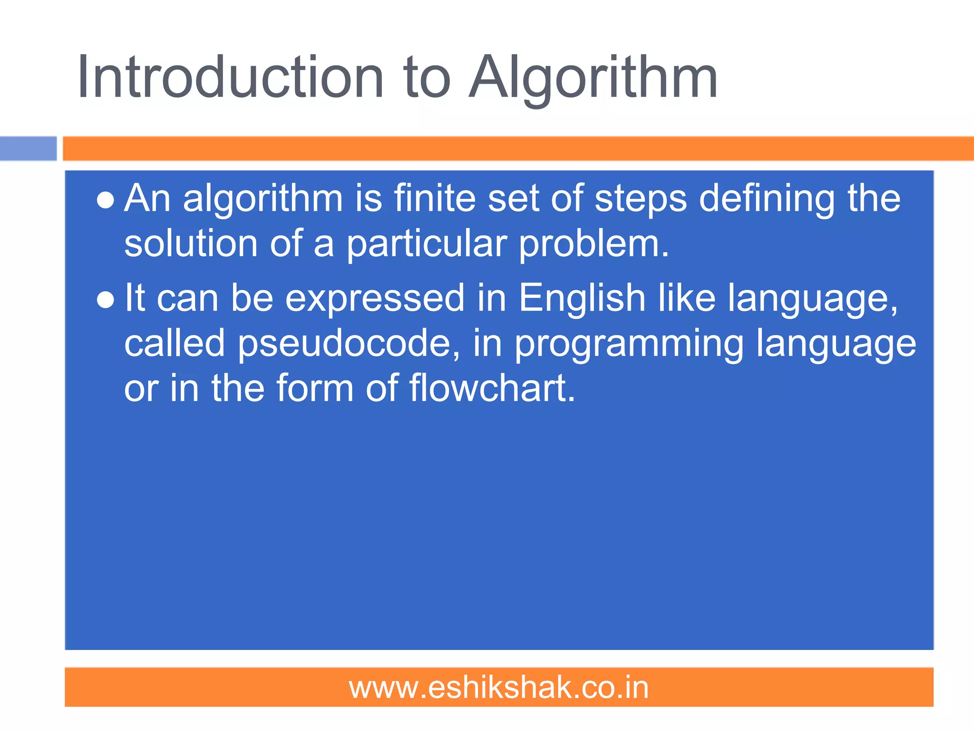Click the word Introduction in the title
[x=230, y=77]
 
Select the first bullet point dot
[x=105, y=200]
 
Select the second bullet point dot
[x=105, y=300]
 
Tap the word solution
[x=191, y=244]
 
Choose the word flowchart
[x=492, y=388]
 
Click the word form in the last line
[x=315, y=388]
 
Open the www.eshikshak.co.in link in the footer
[x=499, y=688]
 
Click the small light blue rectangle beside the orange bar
[x=28, y=148]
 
